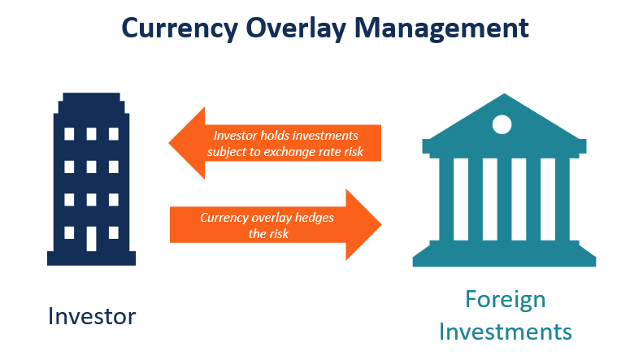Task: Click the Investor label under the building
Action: pyautogui.click(x=92, y=315)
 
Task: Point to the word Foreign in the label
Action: pyautogui.click(x=505, y=299)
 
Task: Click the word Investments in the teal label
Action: pyautogui.click(x=505, y=332)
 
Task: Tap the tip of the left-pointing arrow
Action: pyautogui.click(x=172, y=144)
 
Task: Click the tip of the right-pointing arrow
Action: pyautogui.click(x=380, y=223)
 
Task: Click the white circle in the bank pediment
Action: pyautogui.click(x=502, y=124)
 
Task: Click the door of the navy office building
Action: pyautogui.click(x=92, y=237)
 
